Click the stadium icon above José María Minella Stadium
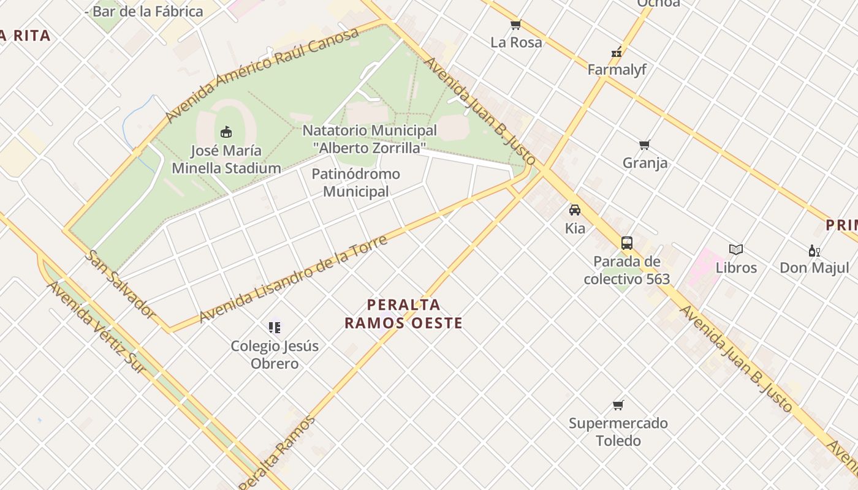[x=226, y=132]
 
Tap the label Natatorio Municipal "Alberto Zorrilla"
[x=370, y=139]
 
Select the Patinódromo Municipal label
[x=355, y=183]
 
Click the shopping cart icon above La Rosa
[x=516, y=25]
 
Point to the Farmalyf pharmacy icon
[x=617, y=53]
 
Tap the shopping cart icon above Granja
[x=644, y=145]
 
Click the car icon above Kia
[x=575, y=210]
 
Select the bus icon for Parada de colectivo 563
[x=626, y=243]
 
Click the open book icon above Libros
[x=736, y=250]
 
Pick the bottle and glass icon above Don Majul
[x=814, y=250]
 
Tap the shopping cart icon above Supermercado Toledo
[x=618, y=405]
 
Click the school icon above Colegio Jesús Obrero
[x=275, y=328]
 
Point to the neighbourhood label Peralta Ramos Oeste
[x=403, y=314]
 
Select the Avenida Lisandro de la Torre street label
[x=294, y=279]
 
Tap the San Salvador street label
[x=120, y=284]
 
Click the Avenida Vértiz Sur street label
[x=97, y=327]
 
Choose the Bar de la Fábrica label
[x=147, y=11]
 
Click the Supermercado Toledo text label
[x=618, y=432]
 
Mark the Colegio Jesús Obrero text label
[x=275, y=355]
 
